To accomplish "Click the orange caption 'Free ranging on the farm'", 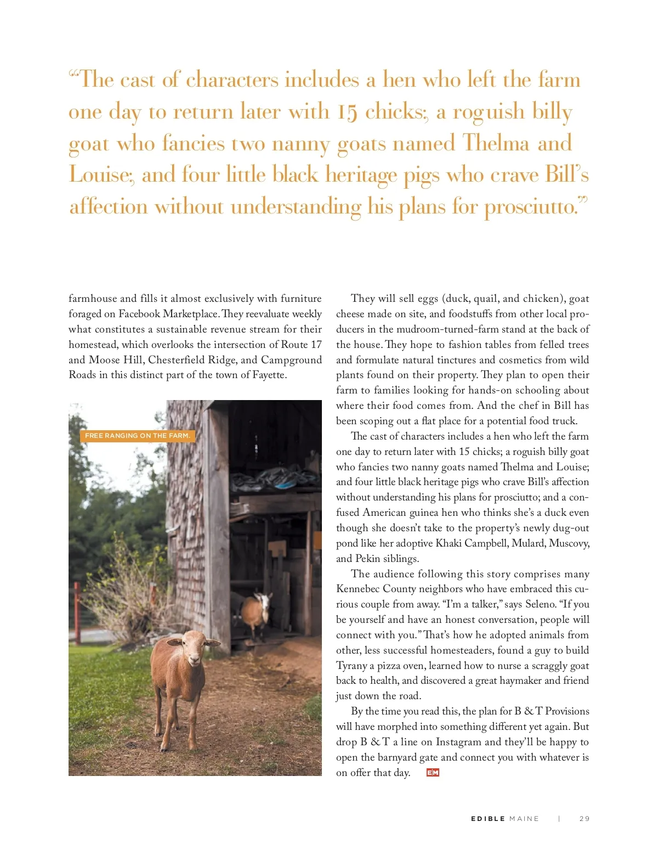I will [138, 436].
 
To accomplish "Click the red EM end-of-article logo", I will [433, 773].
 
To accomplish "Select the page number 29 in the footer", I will [585, 819].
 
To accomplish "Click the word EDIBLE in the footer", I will [488, 819].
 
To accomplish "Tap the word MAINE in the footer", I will [524, 819].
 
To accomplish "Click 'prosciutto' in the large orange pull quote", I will [530, 207].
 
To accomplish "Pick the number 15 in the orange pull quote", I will [347, 112].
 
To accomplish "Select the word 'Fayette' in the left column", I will [269, 375].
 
